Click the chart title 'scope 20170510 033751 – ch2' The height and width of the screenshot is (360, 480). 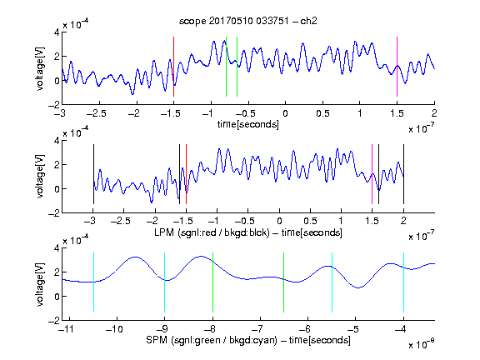(x=248, y=21)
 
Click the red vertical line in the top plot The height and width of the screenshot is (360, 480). (x=173, y=67)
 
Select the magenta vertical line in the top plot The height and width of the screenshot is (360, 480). (x=397, y=67)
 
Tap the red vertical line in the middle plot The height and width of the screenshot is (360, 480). (x=186, y=174)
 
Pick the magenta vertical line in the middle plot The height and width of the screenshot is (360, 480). (x=372, y=174)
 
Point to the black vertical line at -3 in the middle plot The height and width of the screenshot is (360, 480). (x=93, y=174)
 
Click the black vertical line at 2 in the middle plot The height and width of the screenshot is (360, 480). (x=403, y=174)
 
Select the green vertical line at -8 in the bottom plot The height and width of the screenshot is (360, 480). (x=212, y=282)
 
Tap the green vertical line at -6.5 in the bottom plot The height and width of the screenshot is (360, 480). (x=284, y=282)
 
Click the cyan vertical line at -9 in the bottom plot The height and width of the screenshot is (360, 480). (x=165, y=282)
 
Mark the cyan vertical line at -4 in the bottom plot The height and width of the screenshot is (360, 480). (x=403, y=282)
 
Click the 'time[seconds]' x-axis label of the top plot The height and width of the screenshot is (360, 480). (x=248, y=125)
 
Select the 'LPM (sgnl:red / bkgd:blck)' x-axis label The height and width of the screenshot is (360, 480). (x=212, y=232)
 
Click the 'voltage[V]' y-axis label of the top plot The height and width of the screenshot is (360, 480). (x=40, y=68)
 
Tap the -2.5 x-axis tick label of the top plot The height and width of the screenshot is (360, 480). (x=96, y=114)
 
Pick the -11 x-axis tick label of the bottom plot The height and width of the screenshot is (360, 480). (x=66, y=329)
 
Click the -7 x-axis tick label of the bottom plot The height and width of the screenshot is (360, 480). (x=259, y=329)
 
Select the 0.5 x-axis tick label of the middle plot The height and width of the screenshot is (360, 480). (x=310, y=221)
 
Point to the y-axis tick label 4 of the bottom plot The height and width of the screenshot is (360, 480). (x=57, y=248)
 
